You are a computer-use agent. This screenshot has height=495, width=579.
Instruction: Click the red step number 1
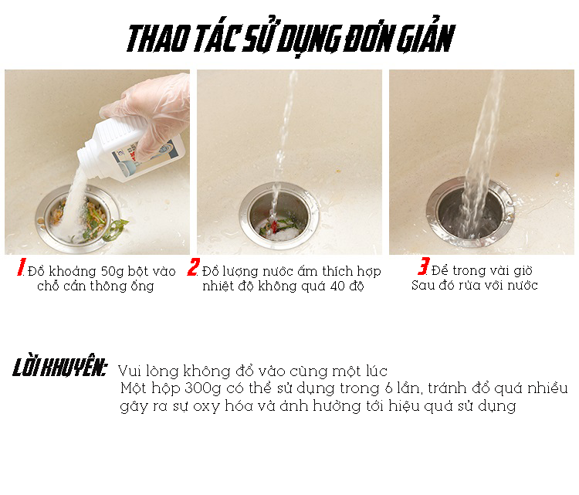point(21,267)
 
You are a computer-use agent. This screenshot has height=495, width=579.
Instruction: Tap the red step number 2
point(193,267)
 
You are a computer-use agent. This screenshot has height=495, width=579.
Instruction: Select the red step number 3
point(424,266)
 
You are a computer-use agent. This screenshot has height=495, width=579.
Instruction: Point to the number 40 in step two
point(337,286)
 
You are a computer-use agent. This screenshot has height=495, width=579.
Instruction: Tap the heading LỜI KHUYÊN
point(59,367)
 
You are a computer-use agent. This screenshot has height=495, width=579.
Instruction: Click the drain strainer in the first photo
point(78,220)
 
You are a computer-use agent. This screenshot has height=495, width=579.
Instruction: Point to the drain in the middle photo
point(279,216)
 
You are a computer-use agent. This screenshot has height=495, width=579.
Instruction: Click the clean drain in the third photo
point(470,212)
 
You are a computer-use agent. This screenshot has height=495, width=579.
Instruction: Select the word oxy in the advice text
point(204,407)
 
